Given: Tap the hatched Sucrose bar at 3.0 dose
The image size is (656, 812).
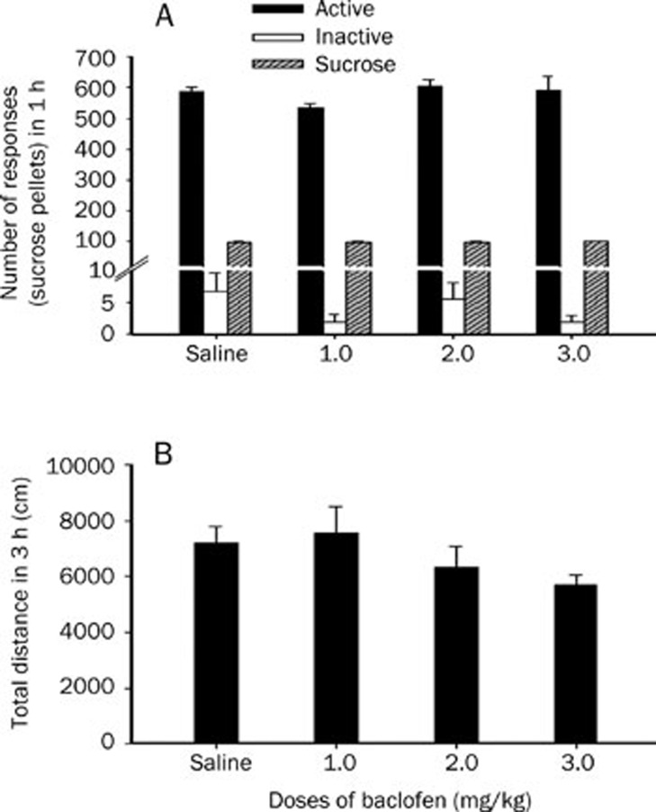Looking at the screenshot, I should pos(596,288).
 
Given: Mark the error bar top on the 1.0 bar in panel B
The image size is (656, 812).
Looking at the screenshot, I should pos(338,507).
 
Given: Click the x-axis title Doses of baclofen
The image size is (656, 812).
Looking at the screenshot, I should pos(396,798).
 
